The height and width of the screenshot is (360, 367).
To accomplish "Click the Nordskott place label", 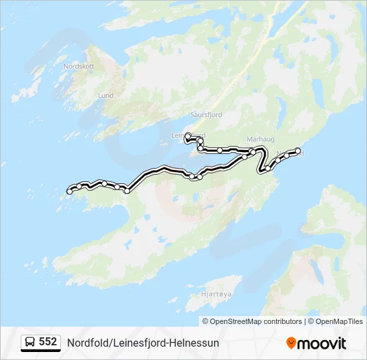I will pos(79,67).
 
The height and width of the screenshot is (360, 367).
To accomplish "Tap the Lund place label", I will pos(105,95).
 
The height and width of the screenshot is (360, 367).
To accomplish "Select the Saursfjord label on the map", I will pos(206,115).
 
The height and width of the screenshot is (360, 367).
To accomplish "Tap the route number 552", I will pos(48,342).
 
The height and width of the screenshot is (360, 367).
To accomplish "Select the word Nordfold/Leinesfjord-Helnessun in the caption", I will pos(143,343).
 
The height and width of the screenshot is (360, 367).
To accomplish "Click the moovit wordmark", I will pos(322,343).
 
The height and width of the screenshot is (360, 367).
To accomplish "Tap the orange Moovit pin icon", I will pos(291,343).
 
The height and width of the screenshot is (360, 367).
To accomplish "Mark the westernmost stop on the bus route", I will pos(69,192).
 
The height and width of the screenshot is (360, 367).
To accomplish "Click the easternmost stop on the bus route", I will pos(298,151).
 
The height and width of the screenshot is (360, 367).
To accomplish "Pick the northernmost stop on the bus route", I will pos(188,135).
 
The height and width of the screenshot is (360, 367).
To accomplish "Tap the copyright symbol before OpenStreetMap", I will pos(206,321).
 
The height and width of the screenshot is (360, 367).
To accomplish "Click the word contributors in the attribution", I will pos(282,321).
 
